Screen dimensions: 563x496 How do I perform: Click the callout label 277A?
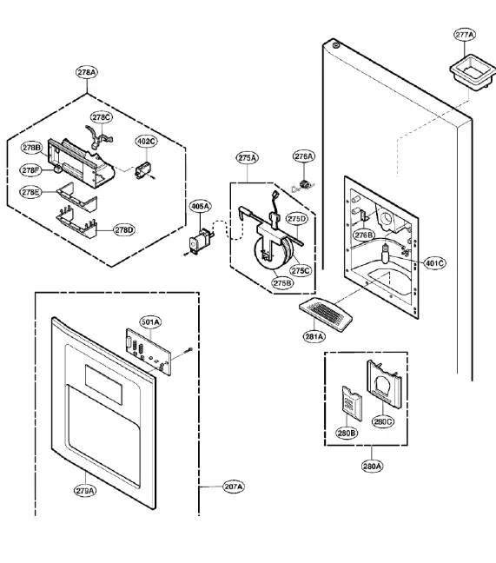tap(465, 35)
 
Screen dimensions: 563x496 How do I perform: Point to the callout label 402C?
tap(146, 141)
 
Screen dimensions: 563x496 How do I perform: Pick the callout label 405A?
tap(199, 206)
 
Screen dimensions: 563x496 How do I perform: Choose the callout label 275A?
tap(247, 158)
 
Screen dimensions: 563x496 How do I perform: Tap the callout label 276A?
tap(303, 156)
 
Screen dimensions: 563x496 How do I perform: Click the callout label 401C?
tap(434, 262)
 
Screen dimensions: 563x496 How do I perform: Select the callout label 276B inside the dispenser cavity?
tap(363, 235)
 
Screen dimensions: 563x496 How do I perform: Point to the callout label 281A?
tap(314, 335)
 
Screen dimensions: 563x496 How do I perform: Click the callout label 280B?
tap(347, 432)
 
